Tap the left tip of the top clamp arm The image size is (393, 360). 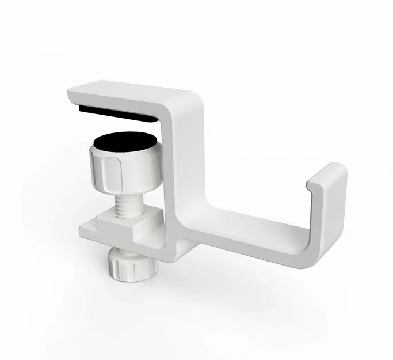(70, 93)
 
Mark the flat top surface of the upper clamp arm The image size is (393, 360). (127, 92)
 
